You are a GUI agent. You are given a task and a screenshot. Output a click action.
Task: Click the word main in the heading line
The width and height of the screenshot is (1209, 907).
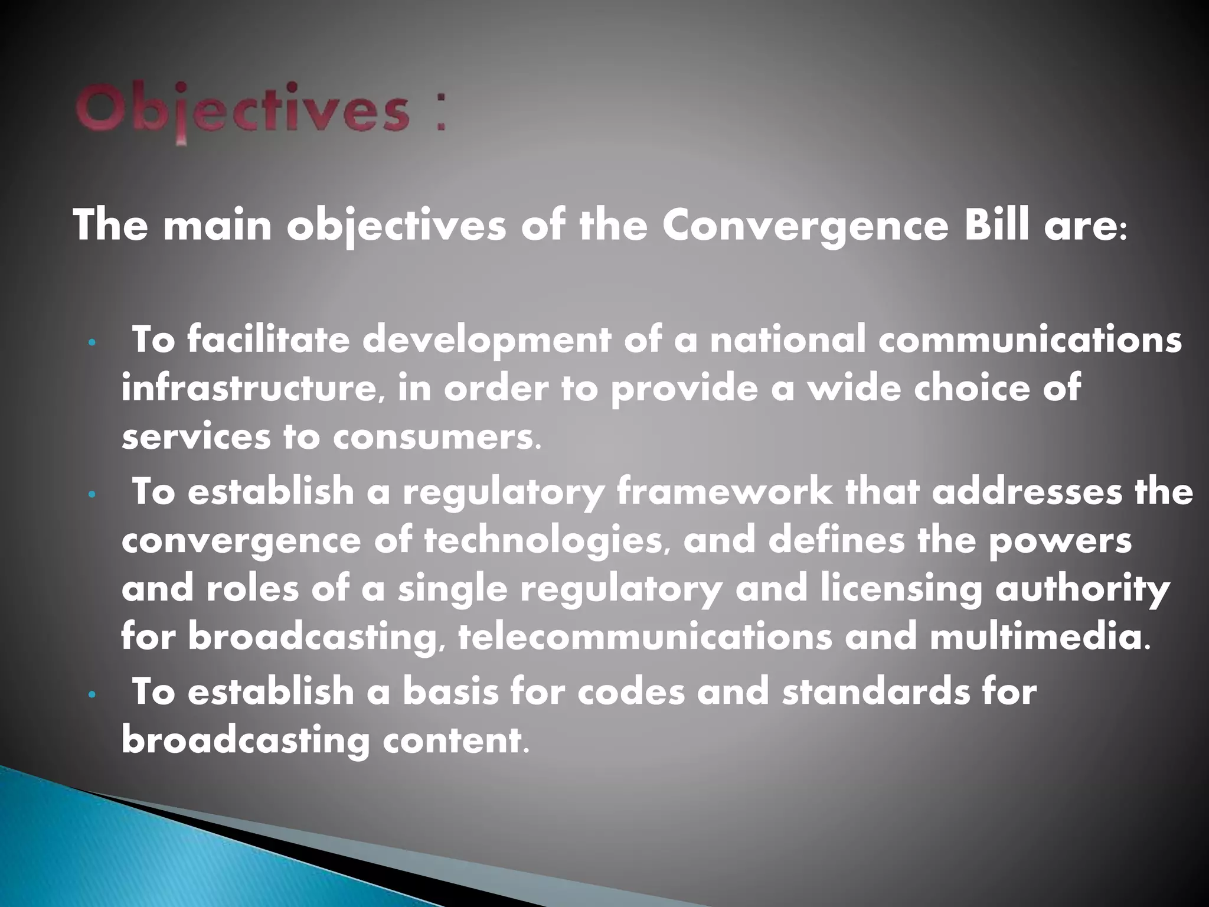coord(217,226)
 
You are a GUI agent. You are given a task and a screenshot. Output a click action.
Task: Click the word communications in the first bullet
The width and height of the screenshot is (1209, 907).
coord(1030,340)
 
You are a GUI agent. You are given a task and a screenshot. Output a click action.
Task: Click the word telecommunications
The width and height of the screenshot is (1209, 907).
coord(645,638)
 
